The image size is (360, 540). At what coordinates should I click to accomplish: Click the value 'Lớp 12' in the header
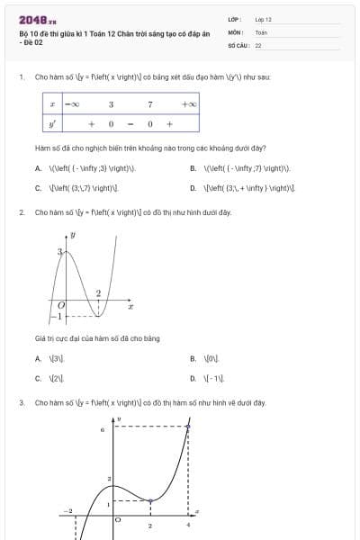click(263, 19)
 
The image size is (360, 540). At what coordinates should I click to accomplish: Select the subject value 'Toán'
click(260, 31)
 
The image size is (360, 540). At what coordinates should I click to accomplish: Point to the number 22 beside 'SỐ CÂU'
click(258, 44)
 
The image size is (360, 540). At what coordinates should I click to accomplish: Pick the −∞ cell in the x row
click(71, 105)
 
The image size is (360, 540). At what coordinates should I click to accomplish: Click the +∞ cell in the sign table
click(188, 105)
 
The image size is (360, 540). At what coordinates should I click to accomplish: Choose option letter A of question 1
click(38, 168)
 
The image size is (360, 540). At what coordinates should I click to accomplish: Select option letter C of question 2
click(38, 379)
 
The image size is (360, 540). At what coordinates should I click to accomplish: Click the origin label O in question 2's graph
click(50, 306)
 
